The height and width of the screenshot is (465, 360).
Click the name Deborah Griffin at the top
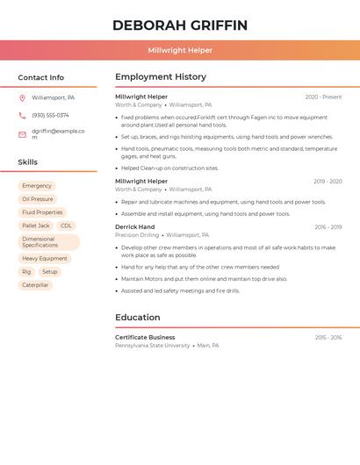click(180, 25)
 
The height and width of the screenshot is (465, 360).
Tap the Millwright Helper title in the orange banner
click(180, 51)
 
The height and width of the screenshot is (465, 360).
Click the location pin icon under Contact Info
click(22, 97)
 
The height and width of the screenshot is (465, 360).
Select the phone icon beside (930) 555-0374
click(22, 115)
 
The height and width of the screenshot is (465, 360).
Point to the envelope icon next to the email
click(22, 134)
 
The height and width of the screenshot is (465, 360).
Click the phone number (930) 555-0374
click(50, 115)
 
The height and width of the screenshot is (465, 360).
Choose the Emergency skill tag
click(37, 186)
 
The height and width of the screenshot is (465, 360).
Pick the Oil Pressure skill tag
click(38, 199)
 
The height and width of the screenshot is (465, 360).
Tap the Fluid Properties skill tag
click(42, 212)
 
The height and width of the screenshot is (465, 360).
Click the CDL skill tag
click(67, 225)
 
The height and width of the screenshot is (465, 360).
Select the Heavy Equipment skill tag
click(45, 259)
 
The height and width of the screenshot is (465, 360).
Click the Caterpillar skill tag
click(35, 285)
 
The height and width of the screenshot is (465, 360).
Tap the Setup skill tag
click(50, 272)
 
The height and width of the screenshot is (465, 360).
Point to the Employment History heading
click(161, 77)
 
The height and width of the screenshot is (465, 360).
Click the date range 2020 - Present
click(323, 97)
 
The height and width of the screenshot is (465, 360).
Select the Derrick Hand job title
click(134, 227)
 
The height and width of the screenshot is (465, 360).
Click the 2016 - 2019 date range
click(328, 227)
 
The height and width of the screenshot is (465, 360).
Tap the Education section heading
click(138, 318)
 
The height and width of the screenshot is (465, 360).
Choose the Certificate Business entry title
click(145, 337)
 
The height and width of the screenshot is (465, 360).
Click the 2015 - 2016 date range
click(328, 337)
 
